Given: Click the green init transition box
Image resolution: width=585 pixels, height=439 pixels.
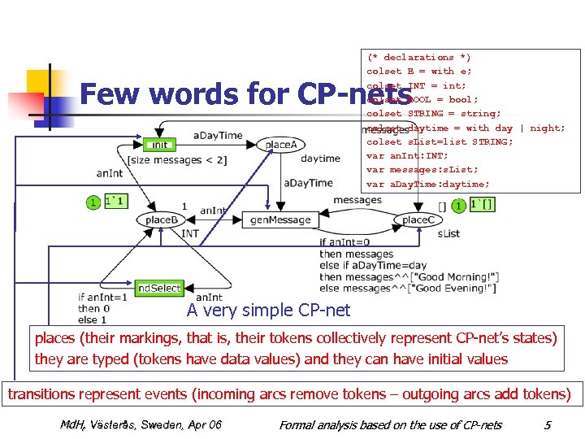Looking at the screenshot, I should tap(160, 145).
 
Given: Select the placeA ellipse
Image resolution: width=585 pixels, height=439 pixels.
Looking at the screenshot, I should tap(280, 145).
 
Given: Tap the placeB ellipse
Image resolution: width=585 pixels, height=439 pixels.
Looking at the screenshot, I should tap(161, 219).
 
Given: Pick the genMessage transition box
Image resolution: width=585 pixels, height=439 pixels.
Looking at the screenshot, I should tap(280, 219).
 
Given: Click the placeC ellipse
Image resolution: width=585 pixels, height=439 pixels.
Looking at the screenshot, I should tap(418, 219).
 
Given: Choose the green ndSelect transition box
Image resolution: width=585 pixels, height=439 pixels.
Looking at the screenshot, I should tap(159, 289).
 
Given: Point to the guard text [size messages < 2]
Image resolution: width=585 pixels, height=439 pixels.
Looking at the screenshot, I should tap(176, 160).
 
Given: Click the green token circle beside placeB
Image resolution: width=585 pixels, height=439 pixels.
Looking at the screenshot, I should tap(94, 201).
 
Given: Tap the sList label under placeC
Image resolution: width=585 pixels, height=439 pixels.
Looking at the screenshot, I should tap(448, 233).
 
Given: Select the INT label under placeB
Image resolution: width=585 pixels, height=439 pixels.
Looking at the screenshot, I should tap(190, 233).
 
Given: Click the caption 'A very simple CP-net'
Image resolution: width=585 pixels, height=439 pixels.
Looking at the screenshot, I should tap(268, 310).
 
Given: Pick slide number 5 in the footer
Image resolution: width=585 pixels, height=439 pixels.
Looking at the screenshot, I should tap(548, 424).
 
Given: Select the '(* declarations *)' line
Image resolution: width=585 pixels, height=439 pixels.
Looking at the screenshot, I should tap(418, 58).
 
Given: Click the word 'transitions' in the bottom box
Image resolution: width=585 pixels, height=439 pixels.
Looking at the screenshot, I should tap(40, 394).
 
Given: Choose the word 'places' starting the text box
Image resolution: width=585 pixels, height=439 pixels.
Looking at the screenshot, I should tap(53, 337).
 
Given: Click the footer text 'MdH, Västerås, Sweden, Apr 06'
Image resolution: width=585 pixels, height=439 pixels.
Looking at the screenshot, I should tap(140, 424).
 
